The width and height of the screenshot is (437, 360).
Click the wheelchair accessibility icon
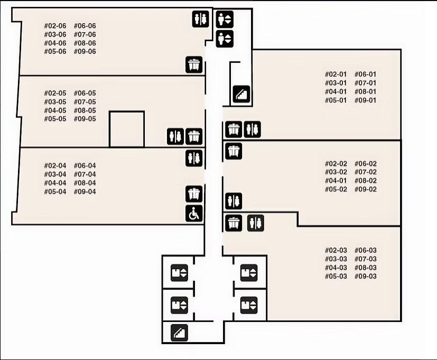pyautogui.click(x=194, y=214)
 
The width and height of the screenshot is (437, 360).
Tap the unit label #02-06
pyautogui.click(x=55, y=26)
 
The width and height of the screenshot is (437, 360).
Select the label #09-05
pyautogui.click(x=85, y=119)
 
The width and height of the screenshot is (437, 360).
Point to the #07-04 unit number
pyautogui.click(x=85, y=174)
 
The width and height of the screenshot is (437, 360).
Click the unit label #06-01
pyautogui.click(x=365, y=75)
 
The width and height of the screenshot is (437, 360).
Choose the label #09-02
pyautogui.click(x=365, y=189)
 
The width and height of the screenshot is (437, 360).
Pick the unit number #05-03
pyautogui.click(x=336, y=276)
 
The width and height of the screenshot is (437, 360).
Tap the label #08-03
pyautogui.click(x=365, y=267)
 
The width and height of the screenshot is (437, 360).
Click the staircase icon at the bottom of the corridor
pyautogui.click(x=179, y=333)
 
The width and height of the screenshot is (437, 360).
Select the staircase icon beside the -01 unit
pyautogui.click(x=242, y=95)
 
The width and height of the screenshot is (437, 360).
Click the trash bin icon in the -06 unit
pyautogui.click(x=194, y=65)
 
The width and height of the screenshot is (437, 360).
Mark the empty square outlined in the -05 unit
pyautogui.click(x=127, y=129)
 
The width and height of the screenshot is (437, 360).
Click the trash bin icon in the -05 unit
pyautogui.click(x=194, y=136)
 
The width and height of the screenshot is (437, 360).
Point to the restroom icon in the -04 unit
pyautogui.click(x=194, y=158)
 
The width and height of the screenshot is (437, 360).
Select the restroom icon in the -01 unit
pyautogui.click(x=253, y=128)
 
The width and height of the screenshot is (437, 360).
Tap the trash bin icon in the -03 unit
pyautogui.click(x=234, y=223)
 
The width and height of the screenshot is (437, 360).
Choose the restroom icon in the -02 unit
pyautogui.click(x=234, y=201)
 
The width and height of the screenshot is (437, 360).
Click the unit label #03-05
pyautogui.click(x=55, y=102)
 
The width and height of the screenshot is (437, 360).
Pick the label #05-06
pyautogui.click(x=55, y=52)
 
